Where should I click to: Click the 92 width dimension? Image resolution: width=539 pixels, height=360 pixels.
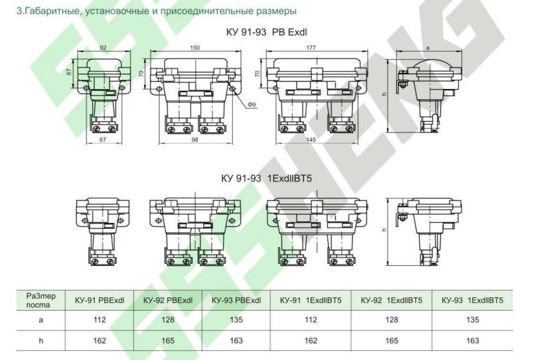click(x=103, y=47)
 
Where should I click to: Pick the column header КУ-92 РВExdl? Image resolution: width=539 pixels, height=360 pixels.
click(x=168, y=300)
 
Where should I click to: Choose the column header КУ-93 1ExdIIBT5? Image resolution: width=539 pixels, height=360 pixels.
click(x=473, y=300)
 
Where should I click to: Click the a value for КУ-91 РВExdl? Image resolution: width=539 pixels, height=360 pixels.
click(x=99, y=320)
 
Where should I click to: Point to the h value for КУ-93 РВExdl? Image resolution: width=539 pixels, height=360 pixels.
click(x=236, y=341)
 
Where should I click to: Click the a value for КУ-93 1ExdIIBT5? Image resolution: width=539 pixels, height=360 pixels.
click(x=473, y=320)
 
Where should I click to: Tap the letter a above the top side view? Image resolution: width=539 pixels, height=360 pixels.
click(x=427, y=48)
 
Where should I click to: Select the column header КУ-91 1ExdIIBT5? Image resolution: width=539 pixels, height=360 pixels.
click(x=310, y=300)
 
